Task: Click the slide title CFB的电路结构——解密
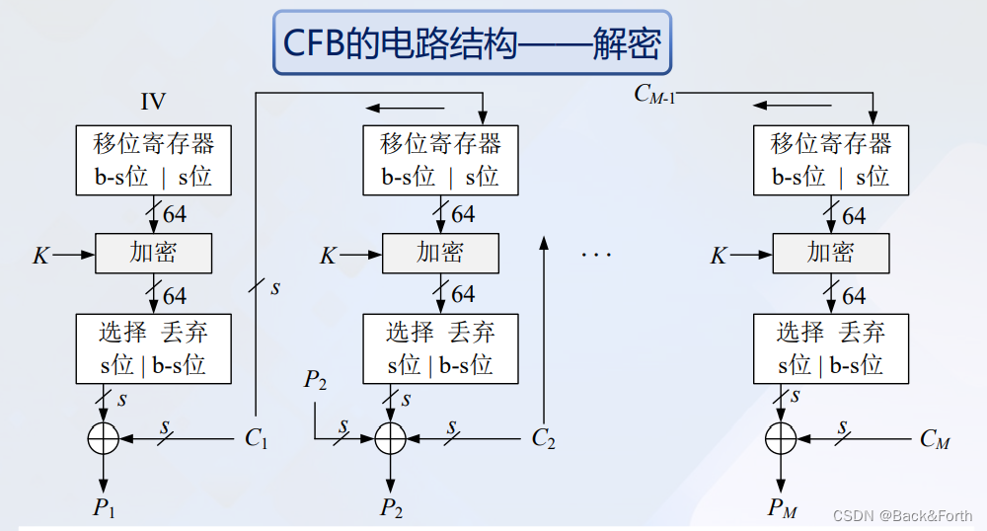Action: point(472,42)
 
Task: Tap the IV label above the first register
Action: point(153,101)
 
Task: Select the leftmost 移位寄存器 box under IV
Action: point(153,161)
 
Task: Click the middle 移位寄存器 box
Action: point(440,161)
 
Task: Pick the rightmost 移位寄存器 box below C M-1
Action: point(830,161)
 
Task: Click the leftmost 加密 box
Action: point(153,254)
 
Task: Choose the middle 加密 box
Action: point(440,254)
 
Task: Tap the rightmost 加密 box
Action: point(830,254)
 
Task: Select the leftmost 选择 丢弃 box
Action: point(153,348)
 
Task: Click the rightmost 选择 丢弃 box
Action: point(830,348)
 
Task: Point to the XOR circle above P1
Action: point(103,436)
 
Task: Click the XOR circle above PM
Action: point(781,436)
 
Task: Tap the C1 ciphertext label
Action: point(257,438)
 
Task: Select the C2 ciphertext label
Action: point(543,438)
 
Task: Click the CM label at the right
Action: point(934,438)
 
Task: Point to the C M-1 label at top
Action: point(654,95)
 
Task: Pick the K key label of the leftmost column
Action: point(40,256)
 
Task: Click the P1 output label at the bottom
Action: point(104,508)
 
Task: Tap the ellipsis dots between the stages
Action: point(596,256)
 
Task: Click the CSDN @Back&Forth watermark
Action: point(902,515)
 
